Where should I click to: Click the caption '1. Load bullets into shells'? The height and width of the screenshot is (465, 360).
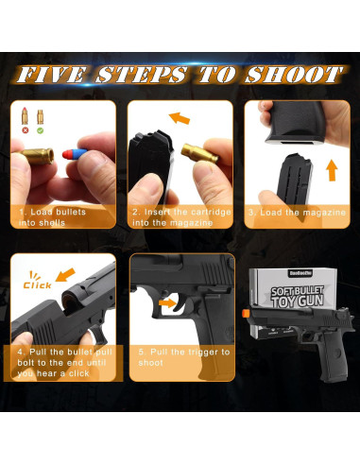[x=58, y=217]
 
